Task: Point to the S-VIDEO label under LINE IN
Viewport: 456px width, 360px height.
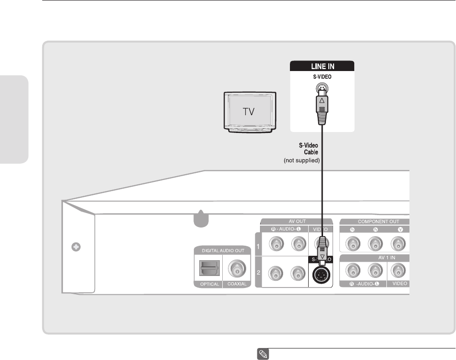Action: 322,76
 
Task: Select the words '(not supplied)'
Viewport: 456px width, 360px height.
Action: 301,160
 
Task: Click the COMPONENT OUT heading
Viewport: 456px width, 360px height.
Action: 374,222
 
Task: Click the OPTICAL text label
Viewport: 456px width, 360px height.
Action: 209,284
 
